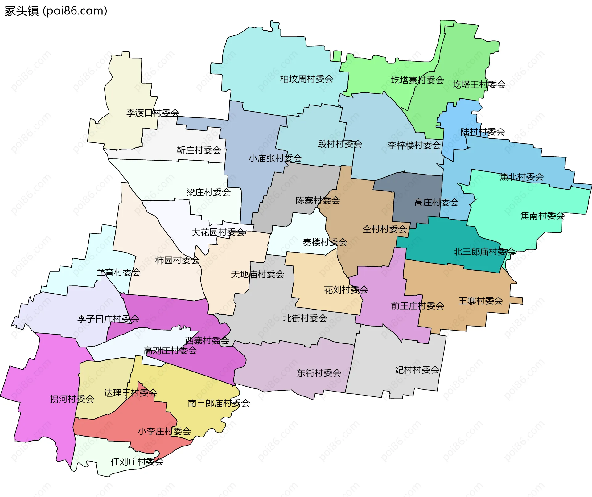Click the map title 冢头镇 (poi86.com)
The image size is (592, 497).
(x=56, y=11)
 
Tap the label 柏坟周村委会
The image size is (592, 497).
(x=306, y=79)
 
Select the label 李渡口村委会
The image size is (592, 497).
(x=153, y=113)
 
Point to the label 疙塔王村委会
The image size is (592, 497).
(x=479, y=84)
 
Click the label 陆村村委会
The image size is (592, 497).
(x=483, y=132)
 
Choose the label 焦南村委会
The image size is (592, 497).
(x=542, y=216)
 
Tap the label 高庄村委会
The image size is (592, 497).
(x=436, y=203)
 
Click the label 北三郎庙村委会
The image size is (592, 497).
(x=484, y=252)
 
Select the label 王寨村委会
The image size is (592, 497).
(x=480, y=301)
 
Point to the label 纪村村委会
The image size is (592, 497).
(x=417, y=370)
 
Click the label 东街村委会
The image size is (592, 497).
(x=319, y=373)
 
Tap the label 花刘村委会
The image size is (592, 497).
(x=346, y=290)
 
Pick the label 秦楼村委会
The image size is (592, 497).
(x=325, y=242)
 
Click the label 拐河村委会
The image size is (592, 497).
(x=72, y=399)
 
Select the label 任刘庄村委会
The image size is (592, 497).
(x=137, y=462)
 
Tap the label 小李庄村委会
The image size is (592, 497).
(x=164, y=431)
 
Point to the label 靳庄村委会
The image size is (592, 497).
(x=199, y=150)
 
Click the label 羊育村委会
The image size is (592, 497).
(x=118, y=273)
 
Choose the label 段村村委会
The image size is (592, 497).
(x=339, y=144)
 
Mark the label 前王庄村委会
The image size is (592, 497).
(x=417, y=306)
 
